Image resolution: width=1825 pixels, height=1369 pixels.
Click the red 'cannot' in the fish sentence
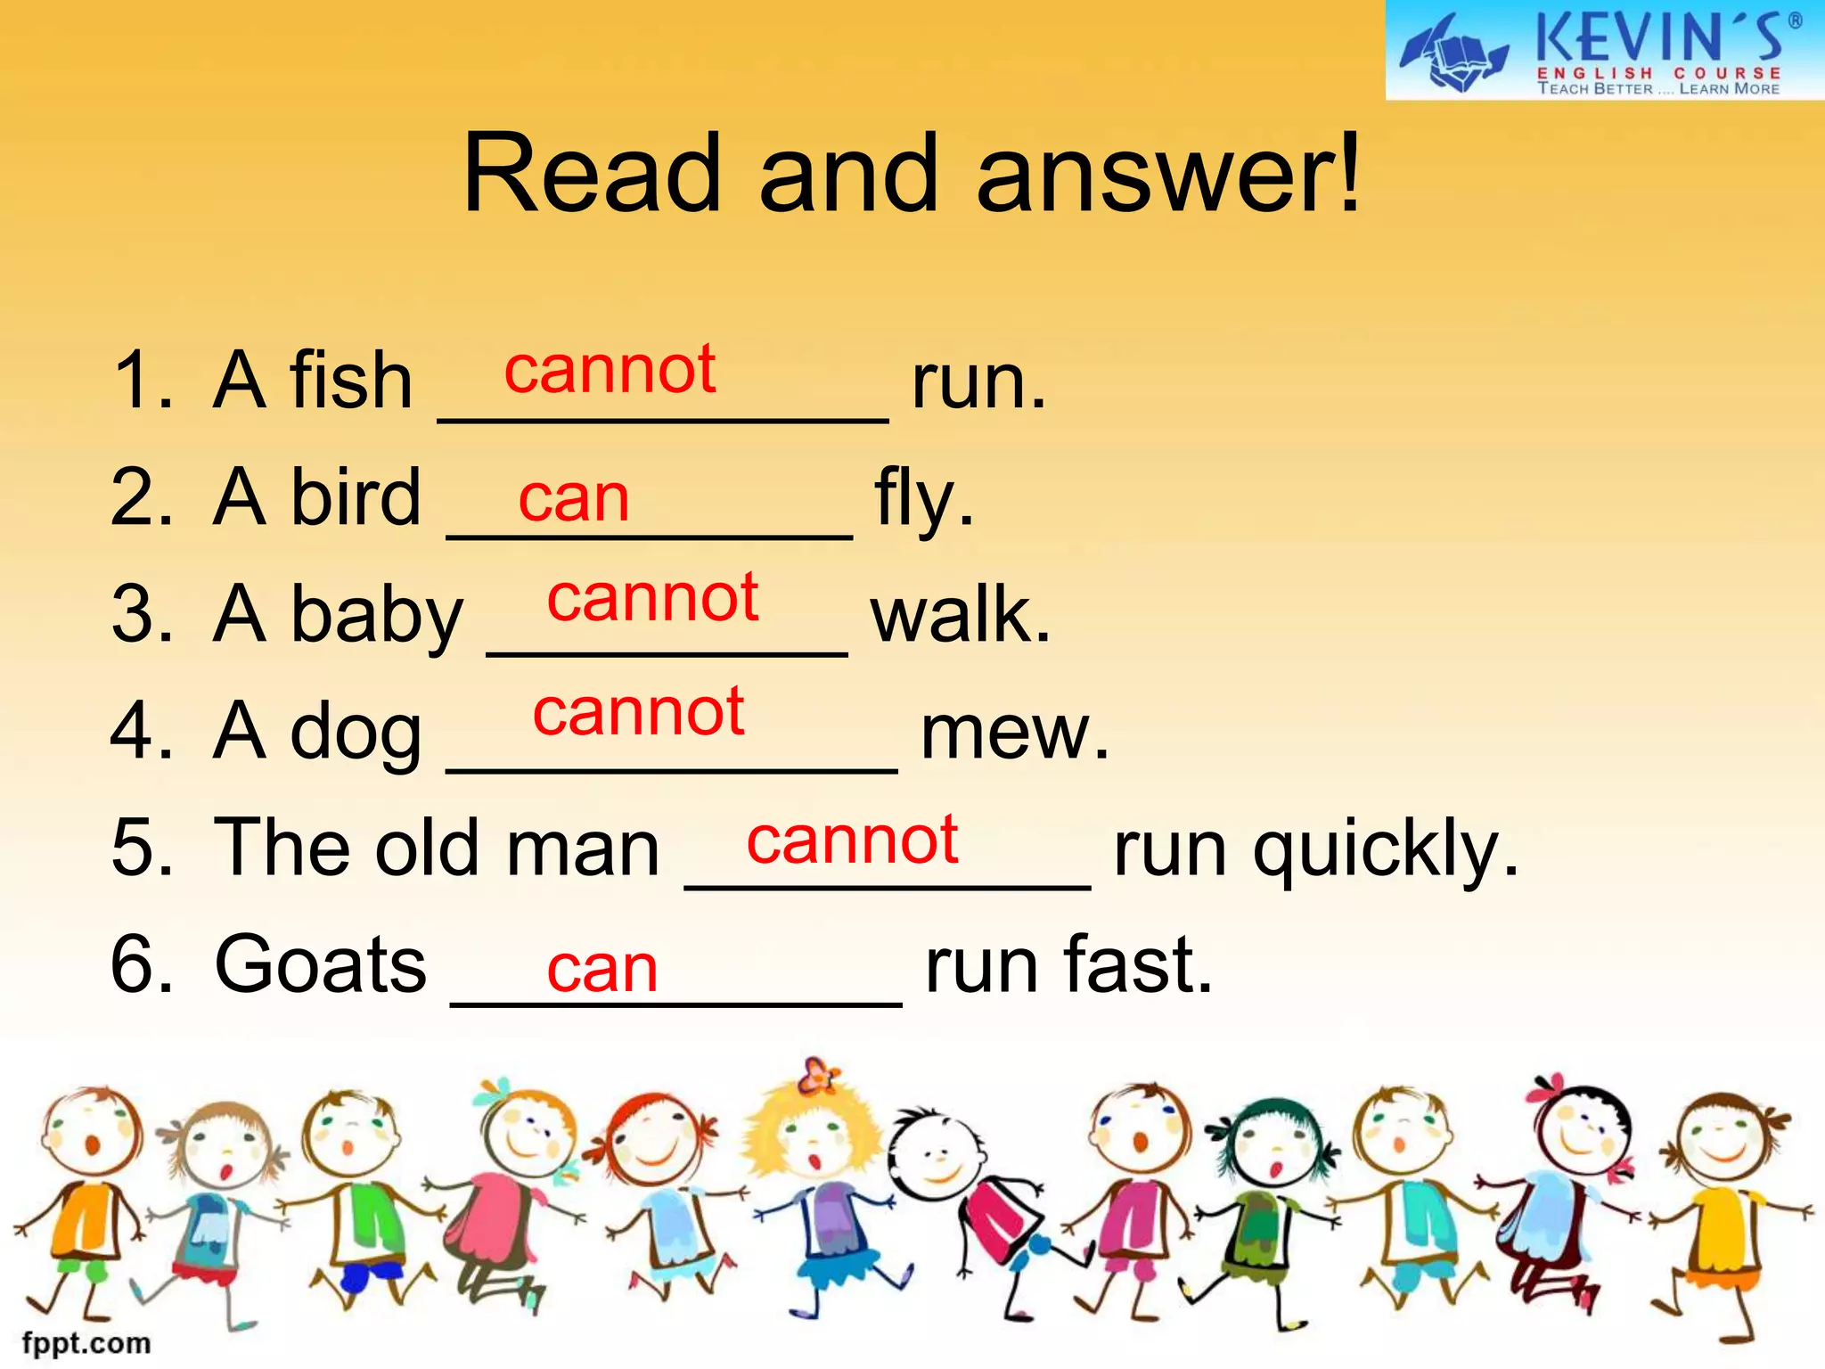click(x=610, y=369)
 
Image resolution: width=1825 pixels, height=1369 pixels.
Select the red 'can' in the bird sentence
click(x=574, y=498)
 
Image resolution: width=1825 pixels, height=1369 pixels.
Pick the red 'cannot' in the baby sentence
click(x=652, y=598)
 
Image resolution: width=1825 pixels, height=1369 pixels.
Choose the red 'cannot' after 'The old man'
click(x=852, y=840)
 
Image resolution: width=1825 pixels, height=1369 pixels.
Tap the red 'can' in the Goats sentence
click(x=602, y=969)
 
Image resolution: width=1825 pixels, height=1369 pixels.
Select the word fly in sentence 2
click(x=923, y=499)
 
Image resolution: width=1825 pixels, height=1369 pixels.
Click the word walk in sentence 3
click(x=961, y=614)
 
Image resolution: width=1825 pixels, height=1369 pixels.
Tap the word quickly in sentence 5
click(x=1386, y=850)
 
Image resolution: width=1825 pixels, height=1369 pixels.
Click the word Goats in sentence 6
click(x=321, y=964)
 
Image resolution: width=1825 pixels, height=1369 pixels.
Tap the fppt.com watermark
click(x=86, y=1342)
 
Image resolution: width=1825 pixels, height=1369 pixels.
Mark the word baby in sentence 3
click(x=377, y=616)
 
